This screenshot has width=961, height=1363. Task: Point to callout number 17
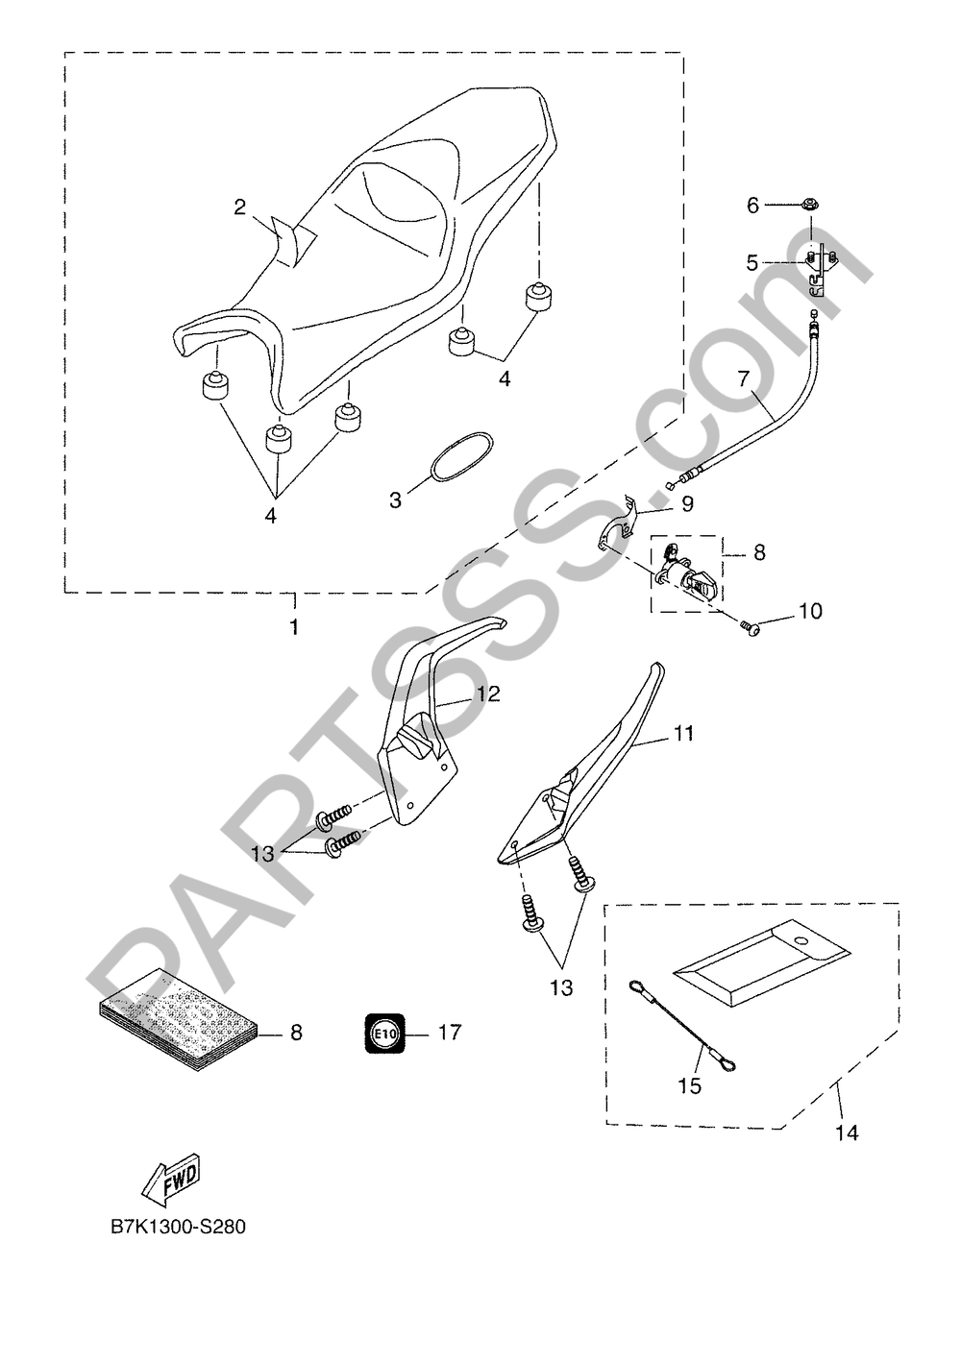point(449,1033)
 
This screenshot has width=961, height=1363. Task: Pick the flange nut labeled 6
point(809,205)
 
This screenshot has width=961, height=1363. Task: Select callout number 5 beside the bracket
point(752,260)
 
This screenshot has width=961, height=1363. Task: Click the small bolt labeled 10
point(751,626)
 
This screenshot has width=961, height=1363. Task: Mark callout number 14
point(846,1133)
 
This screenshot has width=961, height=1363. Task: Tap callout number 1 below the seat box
point(294,628)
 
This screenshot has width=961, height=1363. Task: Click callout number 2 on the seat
point(240,207)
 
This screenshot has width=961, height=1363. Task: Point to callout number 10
point(810,611)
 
